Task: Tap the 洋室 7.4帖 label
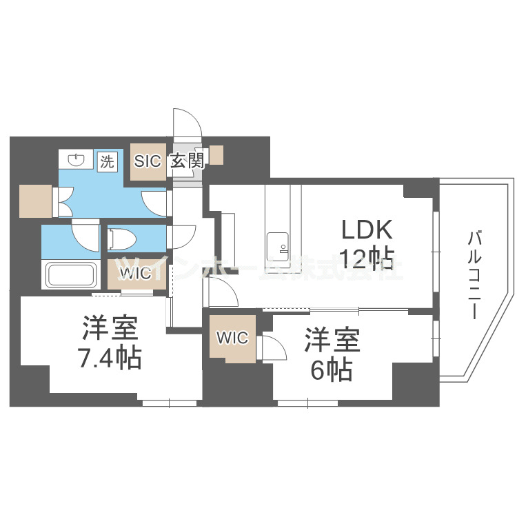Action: coord(112,343)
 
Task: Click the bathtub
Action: coord(72,274)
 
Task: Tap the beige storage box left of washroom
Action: coord(36,201)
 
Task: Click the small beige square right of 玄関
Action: coord(217,155)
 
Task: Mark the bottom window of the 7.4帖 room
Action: coord(170,402)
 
